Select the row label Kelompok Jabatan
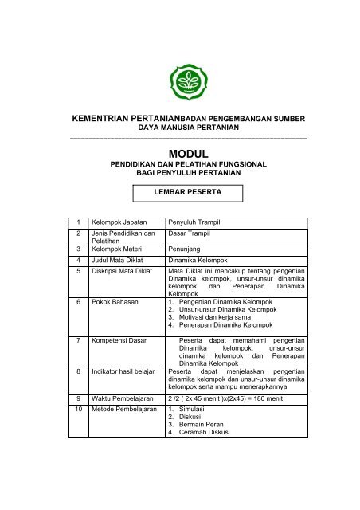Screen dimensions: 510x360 (x=120, y=222)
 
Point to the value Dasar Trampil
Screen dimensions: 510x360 (x=192, y=234)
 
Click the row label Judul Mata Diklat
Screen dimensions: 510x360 (x=120, y=261)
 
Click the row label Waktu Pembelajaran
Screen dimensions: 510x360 (x=124, y=397)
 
